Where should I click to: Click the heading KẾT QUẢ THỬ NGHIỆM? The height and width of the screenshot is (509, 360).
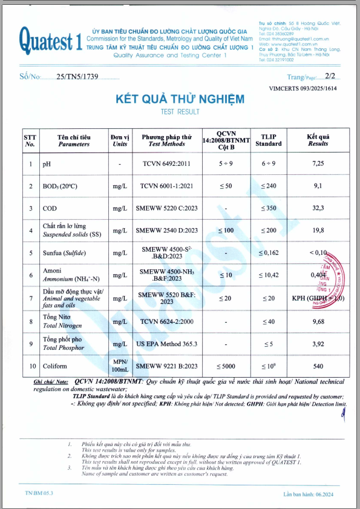[x=180, y=99]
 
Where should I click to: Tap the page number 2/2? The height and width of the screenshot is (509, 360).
[x=332, y=77]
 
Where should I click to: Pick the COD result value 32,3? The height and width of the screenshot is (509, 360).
[x=318, y=208]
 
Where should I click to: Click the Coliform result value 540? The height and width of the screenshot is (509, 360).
[x=318, y=366]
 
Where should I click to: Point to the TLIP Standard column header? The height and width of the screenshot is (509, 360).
[x=268, y=140]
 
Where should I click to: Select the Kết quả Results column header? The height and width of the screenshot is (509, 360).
[x=318, y=140]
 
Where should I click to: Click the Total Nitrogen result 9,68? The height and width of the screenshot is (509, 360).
[x=318, y=321]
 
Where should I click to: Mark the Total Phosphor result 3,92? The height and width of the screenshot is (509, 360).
[x=318, y=343]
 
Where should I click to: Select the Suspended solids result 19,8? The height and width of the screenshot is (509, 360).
[x=318, y=230]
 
